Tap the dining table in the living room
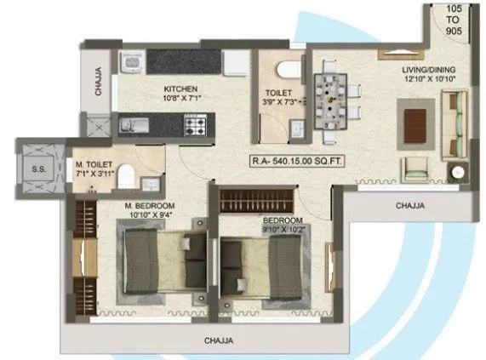tap(331, 101)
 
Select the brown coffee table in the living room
tap(417, 117)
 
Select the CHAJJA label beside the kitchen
tap(99, 83)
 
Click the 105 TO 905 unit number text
tap(454, 18)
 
